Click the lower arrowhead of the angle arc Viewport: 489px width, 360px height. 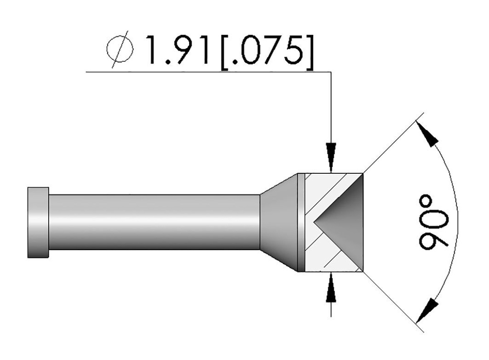point(427,308)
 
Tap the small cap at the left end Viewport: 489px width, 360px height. point(38,222)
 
